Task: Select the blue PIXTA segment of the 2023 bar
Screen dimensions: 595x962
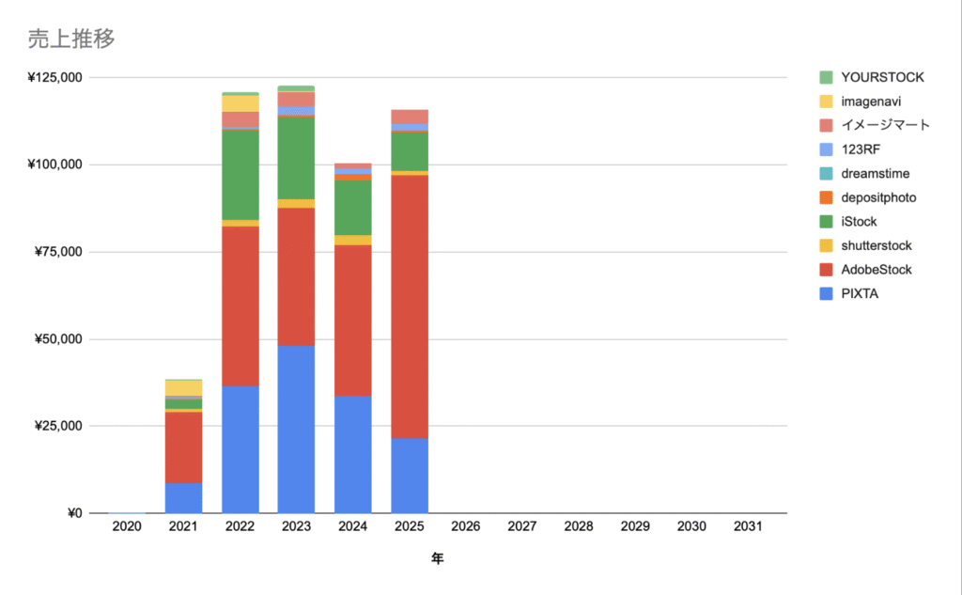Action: [x=296, y=430]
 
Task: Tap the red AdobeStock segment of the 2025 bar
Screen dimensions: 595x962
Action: [x=410, y=306]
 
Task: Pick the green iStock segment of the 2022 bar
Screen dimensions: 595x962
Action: [x=240, y=175]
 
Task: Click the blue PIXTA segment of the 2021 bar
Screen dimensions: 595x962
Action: [x=183, y=497]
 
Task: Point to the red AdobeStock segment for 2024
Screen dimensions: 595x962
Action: [x=352, y=321]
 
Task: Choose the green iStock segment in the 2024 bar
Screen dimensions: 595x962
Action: [x=352, y=207]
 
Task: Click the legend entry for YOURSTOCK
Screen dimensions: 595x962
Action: [x=881, y=77]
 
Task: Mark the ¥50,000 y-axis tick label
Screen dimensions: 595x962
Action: [x=59, y=338]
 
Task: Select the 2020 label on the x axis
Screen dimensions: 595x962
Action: [x=127, y=527]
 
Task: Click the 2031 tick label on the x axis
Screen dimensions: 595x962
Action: [x=748, y=527]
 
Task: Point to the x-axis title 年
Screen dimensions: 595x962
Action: [x=437, y=558]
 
